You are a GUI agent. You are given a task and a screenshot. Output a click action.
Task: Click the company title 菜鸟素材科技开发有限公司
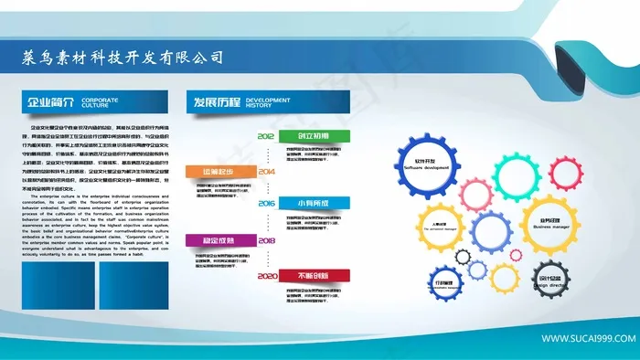(122, 58)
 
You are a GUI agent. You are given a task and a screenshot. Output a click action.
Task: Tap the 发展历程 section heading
(215, 101)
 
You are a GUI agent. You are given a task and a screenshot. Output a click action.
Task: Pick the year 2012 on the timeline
(266, 136)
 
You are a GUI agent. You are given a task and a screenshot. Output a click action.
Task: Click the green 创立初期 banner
(313, 136)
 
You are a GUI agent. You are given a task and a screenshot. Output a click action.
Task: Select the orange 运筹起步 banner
(217, 171)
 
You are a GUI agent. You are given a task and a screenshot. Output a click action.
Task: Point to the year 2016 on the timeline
(266, 203)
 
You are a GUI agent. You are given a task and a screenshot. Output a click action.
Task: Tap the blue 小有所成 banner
(313, 203)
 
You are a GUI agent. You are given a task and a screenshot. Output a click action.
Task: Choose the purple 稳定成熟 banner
(217, 240)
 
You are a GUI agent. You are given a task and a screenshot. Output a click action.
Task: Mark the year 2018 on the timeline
(266, 240)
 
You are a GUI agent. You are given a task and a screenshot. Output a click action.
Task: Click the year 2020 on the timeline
(266, 275)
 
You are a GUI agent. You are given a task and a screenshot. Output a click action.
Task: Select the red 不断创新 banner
(313, 275)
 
